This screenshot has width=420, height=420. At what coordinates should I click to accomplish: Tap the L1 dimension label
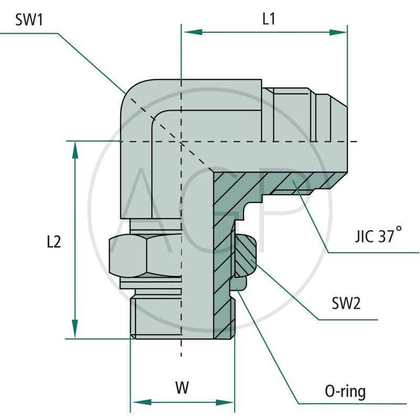(269, 19)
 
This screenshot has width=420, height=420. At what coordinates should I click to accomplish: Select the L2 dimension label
(54, 242)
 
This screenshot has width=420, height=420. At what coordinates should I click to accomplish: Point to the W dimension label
(182, 388)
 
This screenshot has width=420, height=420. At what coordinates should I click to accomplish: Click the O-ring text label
(345, 391)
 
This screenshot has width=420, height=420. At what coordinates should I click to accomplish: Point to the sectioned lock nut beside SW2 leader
(245, 256)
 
